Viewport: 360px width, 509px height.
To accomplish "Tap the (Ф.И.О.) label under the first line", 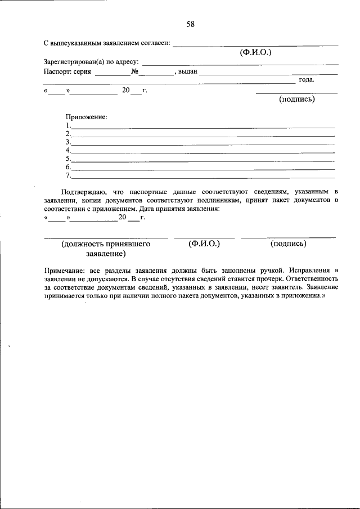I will point(255,52).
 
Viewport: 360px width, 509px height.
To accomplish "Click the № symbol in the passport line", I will point(134,71).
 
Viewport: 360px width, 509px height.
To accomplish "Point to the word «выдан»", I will point(188,71).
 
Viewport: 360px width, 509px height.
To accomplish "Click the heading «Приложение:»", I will point(86,117).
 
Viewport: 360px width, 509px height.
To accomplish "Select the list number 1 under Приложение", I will point(67,125).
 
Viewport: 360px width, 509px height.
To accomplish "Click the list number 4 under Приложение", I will point(67,150).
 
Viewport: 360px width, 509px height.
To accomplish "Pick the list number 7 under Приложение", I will point(67,175).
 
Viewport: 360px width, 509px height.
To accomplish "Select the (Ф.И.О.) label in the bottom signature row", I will point(204,244).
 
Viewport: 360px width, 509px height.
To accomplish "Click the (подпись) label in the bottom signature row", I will point(288,244).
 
